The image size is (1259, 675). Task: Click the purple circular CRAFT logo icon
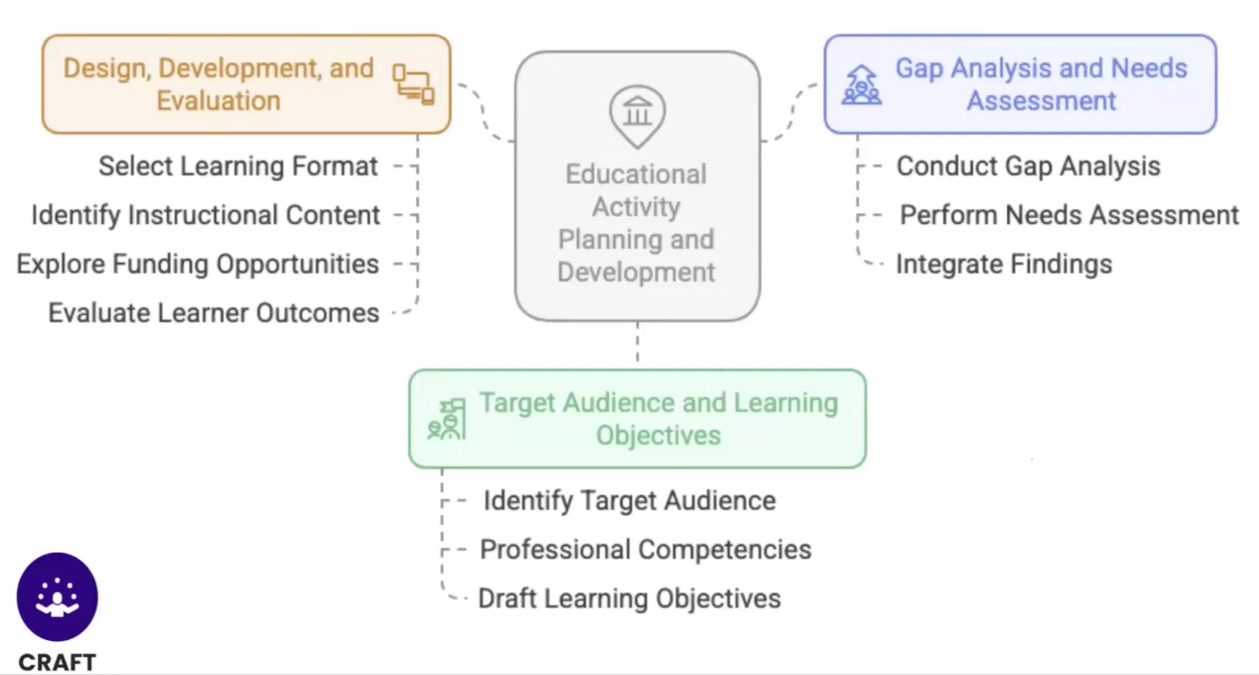(57, 596)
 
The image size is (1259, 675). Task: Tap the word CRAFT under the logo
(57, 663)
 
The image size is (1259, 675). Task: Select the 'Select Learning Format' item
(238, 166)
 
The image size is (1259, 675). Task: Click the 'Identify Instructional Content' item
(205, 215)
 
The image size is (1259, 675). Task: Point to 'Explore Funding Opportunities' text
(197, 264)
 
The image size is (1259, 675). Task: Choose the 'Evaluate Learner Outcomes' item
(213, 313)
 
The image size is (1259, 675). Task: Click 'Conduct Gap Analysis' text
(1028, 166)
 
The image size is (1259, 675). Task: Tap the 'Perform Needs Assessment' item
(1069, 215)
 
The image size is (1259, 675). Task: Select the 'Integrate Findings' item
(1004, 264)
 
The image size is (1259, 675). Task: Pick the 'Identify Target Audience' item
(629, 500)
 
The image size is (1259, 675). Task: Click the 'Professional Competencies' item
(645, 549)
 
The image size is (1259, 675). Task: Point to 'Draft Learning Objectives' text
(629, 598)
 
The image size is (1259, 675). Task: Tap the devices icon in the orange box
(413, 85)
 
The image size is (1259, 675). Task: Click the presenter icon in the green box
(447, 420)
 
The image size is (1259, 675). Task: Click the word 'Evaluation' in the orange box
(219, 101)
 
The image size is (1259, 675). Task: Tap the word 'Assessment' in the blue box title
(1041, 101)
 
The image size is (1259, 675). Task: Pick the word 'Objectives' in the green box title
(658, 435)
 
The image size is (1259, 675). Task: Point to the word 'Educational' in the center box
(636, 174)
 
